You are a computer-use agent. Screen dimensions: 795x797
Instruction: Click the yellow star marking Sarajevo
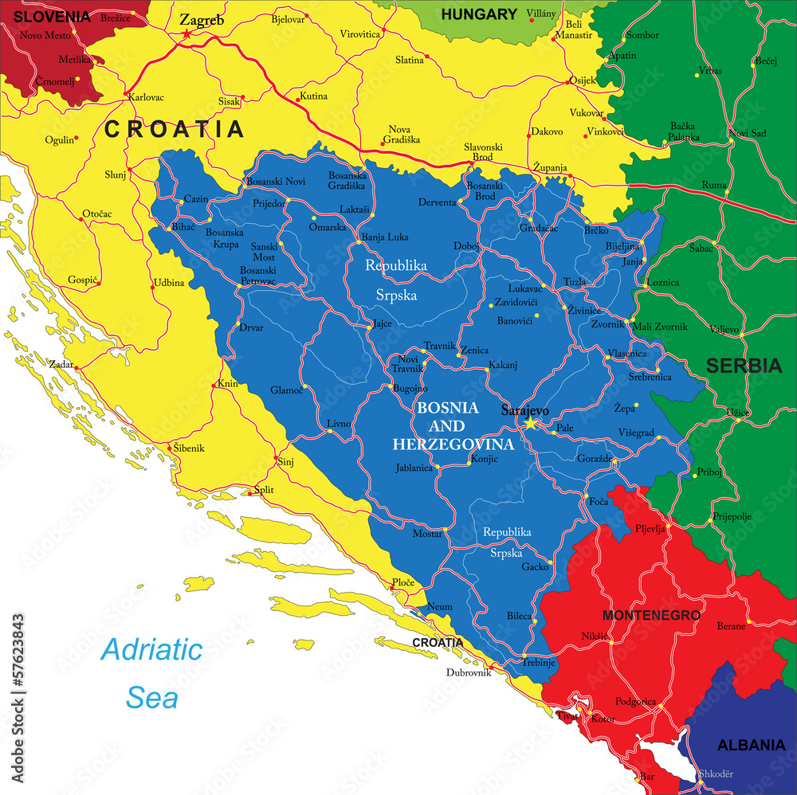[530, 424]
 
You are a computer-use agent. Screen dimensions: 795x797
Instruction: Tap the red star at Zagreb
[187, 34]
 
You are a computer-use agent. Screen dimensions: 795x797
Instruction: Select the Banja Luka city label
[384, 237]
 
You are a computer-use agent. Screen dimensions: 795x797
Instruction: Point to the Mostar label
[427, 534]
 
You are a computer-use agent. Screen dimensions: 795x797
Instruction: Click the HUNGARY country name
[479, 14]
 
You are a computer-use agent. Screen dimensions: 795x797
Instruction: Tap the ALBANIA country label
[751, 746]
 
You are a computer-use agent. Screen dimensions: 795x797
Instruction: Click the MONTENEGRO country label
[651, 615]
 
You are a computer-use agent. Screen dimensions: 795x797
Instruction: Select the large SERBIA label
[744, 366]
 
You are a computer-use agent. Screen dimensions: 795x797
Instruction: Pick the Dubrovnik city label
[468, 672]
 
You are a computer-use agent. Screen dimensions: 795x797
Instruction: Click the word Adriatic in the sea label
[151, 649]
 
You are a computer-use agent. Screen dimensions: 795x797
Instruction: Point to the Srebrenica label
[650, 377]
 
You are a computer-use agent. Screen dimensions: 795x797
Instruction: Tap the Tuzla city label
[575, 282]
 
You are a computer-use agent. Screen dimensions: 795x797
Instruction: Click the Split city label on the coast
[263, 489]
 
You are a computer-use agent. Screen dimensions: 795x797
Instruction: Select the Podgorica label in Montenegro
[635, 702]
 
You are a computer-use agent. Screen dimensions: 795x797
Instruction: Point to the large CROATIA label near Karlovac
[175, 128]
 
